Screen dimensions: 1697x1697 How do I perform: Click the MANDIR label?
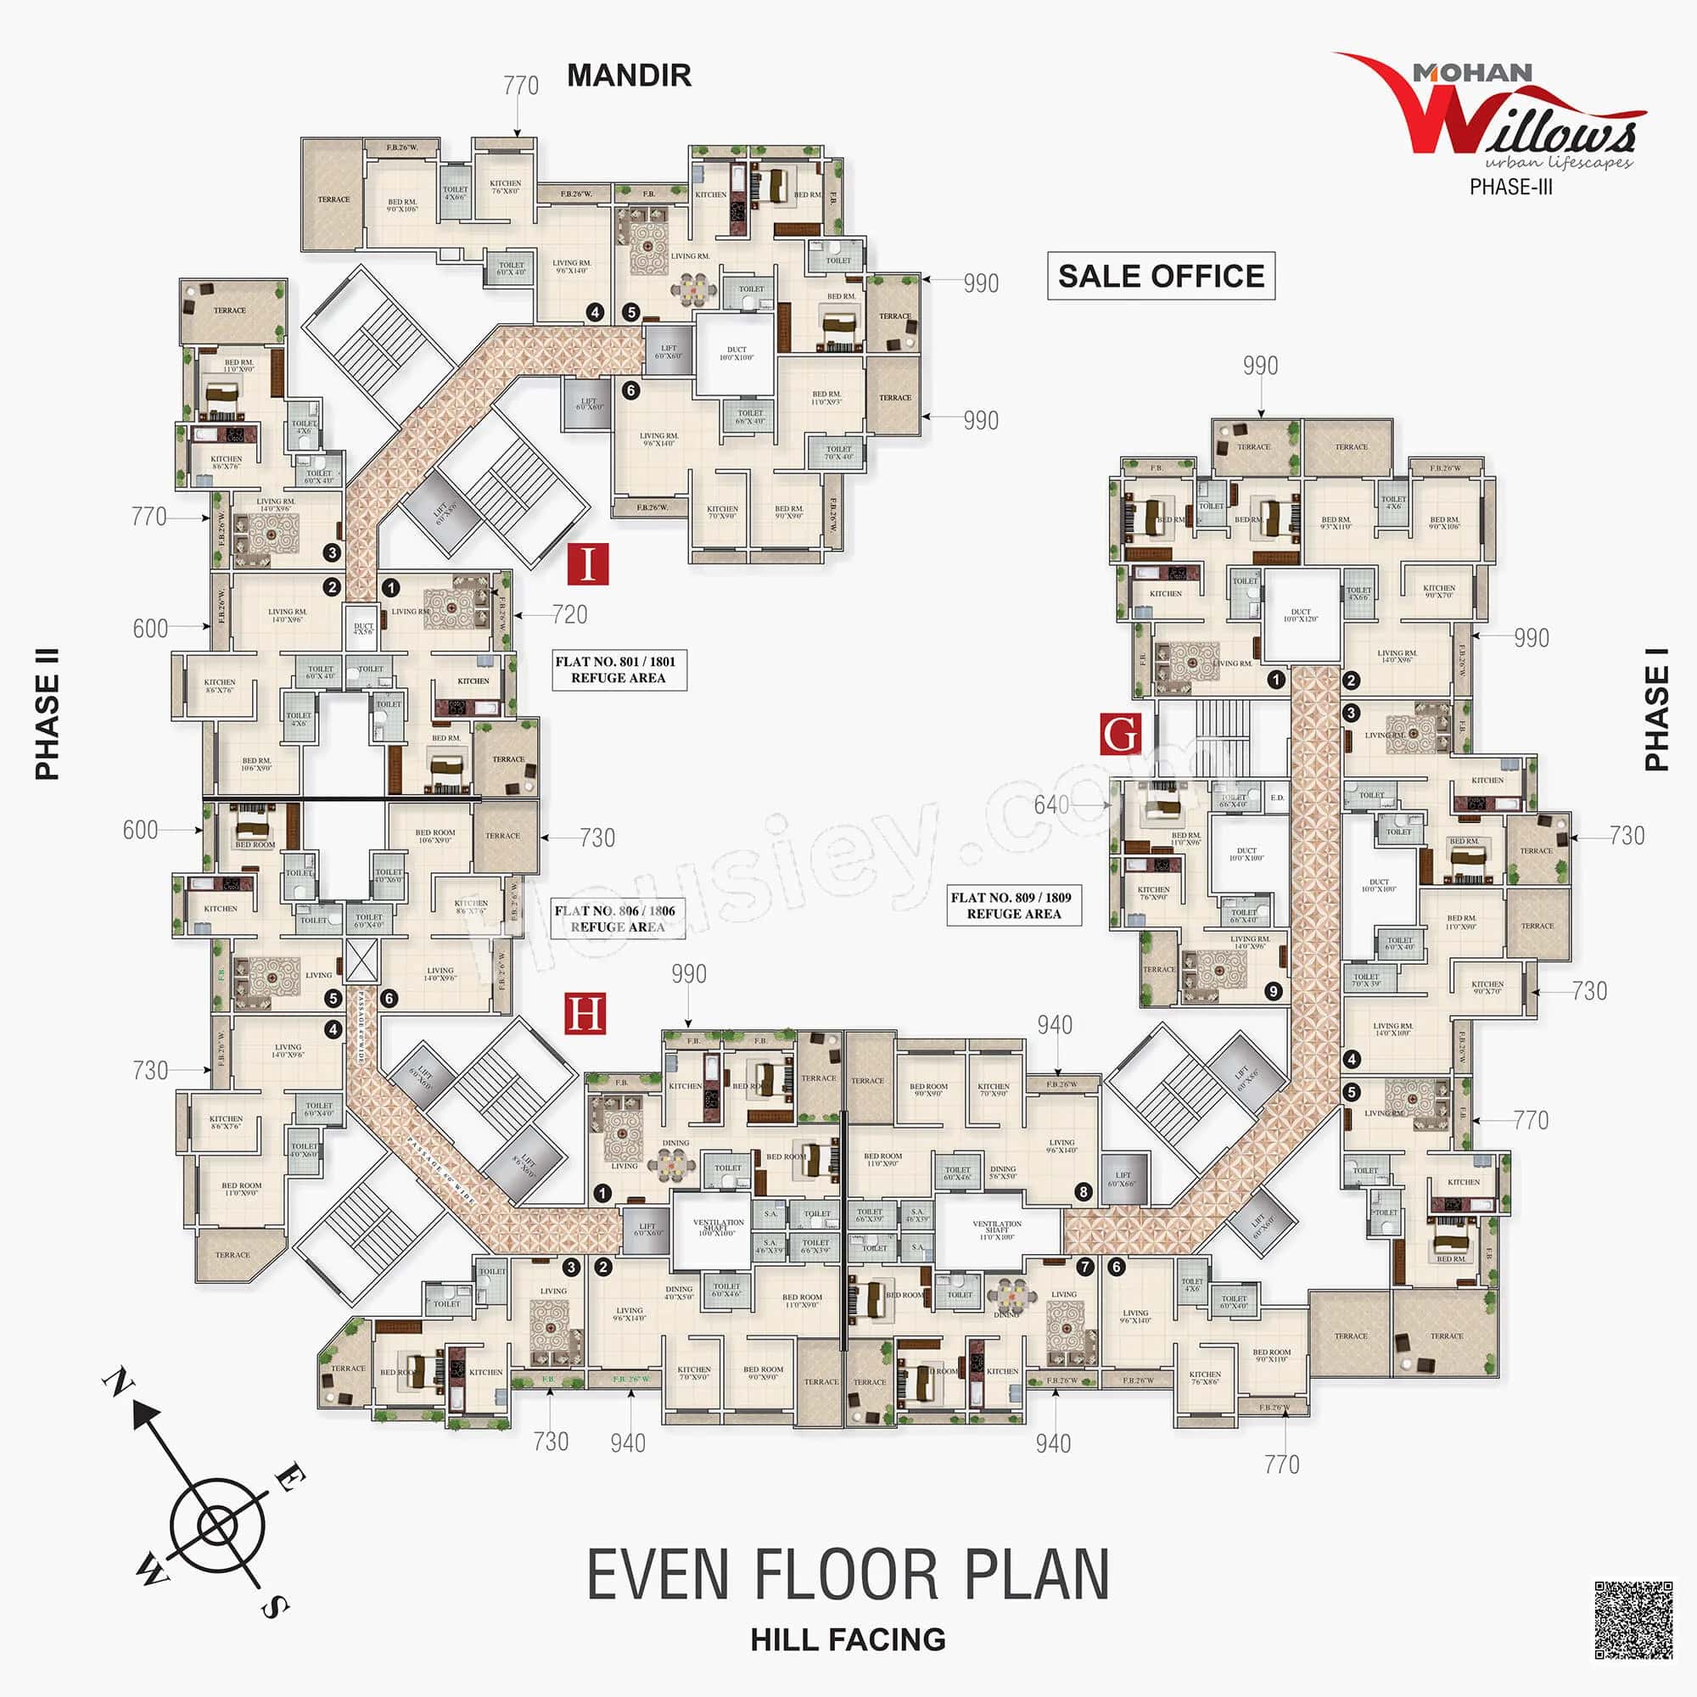(629, 76)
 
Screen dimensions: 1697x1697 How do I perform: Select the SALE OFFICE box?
(1160, 276)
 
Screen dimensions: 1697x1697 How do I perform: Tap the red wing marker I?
(588, 564)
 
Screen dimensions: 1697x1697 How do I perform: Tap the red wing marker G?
(1121, 734)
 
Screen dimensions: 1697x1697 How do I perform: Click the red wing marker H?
(584, 1014)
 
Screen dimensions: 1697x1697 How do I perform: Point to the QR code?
(1633, 1621)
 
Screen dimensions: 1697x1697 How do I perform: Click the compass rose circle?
(216, 1528)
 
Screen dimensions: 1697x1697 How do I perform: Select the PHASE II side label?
(48, 714)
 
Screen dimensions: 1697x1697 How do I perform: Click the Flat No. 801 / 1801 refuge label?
(619, 670)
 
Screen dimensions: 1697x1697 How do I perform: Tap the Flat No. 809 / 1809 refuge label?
(1013, 905)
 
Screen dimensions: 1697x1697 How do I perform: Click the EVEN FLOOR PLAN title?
(848, 1575)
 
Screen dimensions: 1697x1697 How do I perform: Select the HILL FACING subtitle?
(848, 1640)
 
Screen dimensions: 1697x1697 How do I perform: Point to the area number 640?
(1050, 804)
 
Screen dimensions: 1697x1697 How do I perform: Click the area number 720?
(570, 615)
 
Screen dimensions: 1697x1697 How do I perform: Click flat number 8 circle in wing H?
(1084, 1192)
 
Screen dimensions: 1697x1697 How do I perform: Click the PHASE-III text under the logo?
(1511, 187)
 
